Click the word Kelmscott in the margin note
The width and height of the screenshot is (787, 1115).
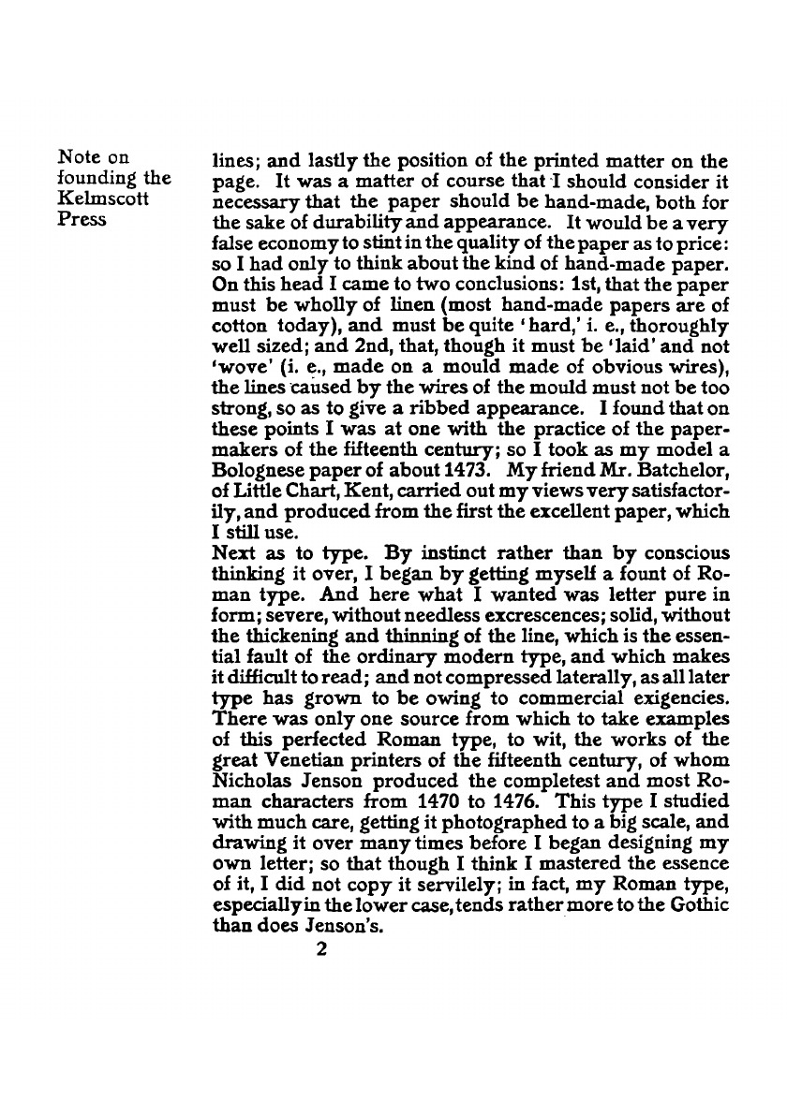click(93, 199)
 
